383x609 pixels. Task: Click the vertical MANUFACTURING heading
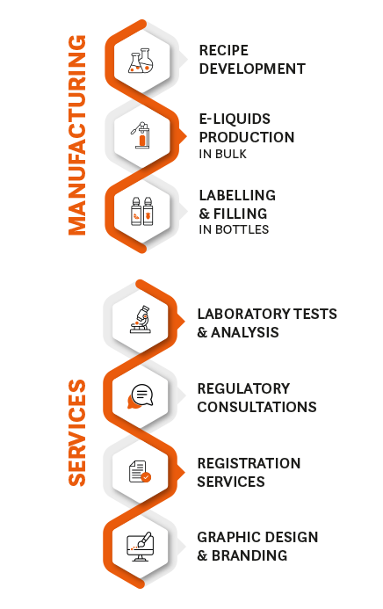click(x=76, y=135)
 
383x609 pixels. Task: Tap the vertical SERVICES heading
click(x=76, y=432)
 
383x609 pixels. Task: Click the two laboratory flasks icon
click(x=141, y=61)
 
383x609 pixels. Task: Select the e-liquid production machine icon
click(x=141, y=134)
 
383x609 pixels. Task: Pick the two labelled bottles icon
click(x=141, y=211)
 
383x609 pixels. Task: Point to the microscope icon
click(x=141, y=319)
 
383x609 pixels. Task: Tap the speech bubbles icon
click(x=140, y=396)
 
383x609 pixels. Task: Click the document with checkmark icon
click(x=140, y=472)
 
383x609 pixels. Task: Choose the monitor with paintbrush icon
click(x=140, y=547)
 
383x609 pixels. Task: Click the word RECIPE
click(x=223, y=50)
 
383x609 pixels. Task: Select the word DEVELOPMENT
click(x=252, y=69)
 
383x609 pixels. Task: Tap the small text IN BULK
click(x=223, y=154)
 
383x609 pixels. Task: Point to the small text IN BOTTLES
click(x=234, y=229)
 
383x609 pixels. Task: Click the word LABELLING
click(x=237, y=195)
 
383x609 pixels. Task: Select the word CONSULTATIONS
click(x=257, y=407)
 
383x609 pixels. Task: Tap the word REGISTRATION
click(x=249, y=463)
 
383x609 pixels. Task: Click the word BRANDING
click(x=249, y=555)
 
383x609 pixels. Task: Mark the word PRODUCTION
click(x=247, y=137)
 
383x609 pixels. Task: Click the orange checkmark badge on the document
click(x=147, y=477)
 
